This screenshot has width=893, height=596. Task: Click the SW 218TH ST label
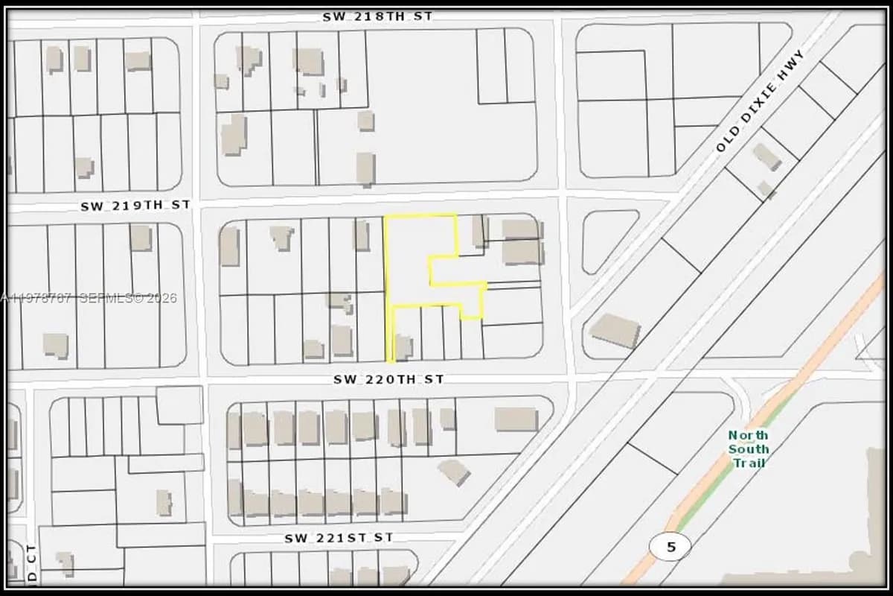pyautogui.click(x=377, y=16)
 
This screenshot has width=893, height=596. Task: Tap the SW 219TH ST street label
pyautogui.click(x=135, y=205)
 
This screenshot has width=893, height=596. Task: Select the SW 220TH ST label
pyautogui.click(x=388, y=379)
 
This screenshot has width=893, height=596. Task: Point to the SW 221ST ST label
pyautogui.click(x=339, y=537)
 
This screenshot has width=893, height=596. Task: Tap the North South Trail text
pyautogui.click(x=748, y=448)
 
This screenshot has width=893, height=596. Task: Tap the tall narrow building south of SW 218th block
pyautogui.click(x=365, y=168)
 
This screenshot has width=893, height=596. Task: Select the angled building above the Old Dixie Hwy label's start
pyautogui.click(x=766, y=156)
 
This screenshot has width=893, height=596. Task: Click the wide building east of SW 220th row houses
pyautogui.click(x=516, y=419)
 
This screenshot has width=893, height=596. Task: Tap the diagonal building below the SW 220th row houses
pyautogui.click(x=453, y=472)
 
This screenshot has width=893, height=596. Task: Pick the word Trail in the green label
pyautogui.click(x=748, y=463)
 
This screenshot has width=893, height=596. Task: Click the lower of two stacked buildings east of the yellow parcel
pyautogui.click(x=522, y=253)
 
